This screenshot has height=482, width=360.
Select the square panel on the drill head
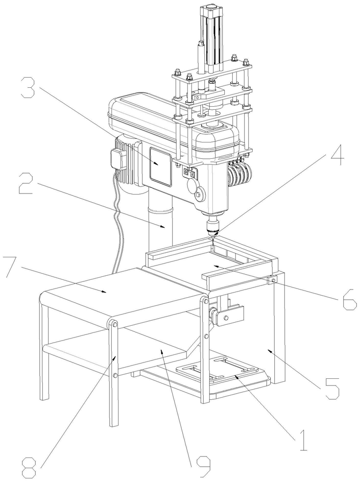tap(160, 166)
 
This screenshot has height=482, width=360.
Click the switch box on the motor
tap(117, 160)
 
